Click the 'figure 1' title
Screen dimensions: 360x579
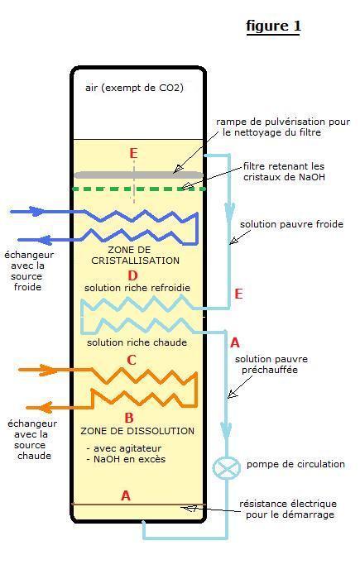coord(273,26)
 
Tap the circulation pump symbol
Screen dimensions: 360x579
coord(226,467)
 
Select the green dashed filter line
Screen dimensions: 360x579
coord(139,189)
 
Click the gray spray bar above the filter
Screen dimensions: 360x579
coord(138,175)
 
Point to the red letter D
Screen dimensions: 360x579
coord(132,275)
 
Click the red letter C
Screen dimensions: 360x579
coord(132,360)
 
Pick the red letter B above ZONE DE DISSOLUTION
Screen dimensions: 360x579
coord(129,418)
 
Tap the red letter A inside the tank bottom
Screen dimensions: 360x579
coord(126,495)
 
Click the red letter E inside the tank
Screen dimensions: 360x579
coord(133,153)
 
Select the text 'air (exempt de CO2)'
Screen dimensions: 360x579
coord(134,88)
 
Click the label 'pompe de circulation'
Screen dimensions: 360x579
coord(295,464)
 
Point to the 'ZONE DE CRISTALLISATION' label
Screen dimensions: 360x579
coord(135,255)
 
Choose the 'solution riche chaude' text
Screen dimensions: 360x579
coord(137,342)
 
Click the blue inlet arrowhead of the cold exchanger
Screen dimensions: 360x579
coord(37,212)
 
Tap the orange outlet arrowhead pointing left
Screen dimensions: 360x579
coord(45,408)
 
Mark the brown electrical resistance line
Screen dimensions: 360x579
coord(138,504)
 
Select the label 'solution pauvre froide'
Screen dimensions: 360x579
coord(291,224)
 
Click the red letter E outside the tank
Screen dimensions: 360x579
coord(238,294)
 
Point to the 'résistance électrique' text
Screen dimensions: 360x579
coord(288,504)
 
